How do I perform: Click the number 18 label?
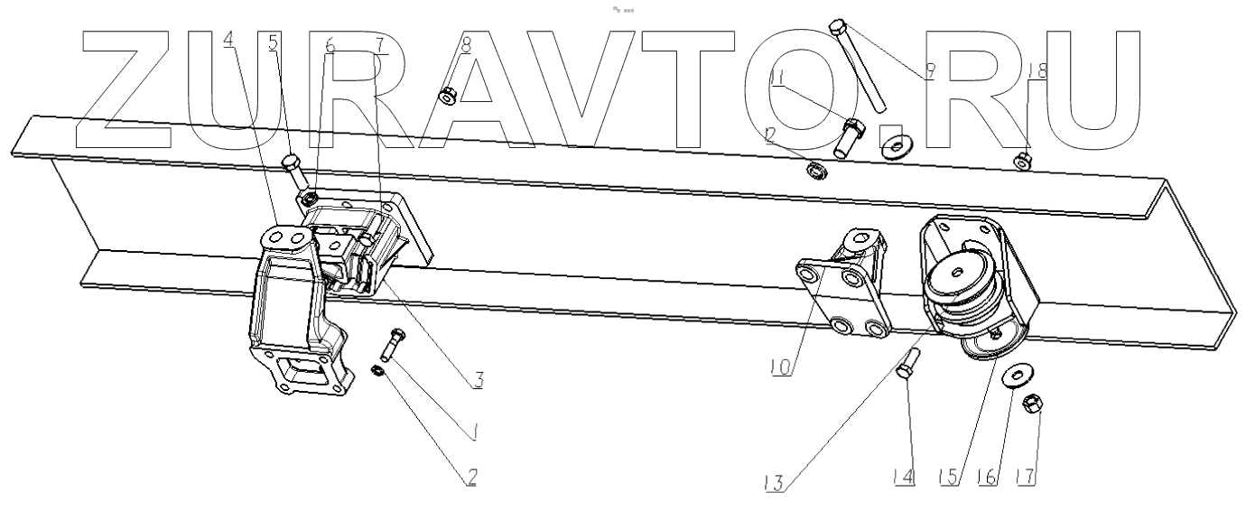click(1037, 71)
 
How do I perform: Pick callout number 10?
click(782, 368)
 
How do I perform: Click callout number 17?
click(1026, 474)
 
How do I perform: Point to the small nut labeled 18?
click(1024, 162)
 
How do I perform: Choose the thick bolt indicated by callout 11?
click(850, 138)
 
